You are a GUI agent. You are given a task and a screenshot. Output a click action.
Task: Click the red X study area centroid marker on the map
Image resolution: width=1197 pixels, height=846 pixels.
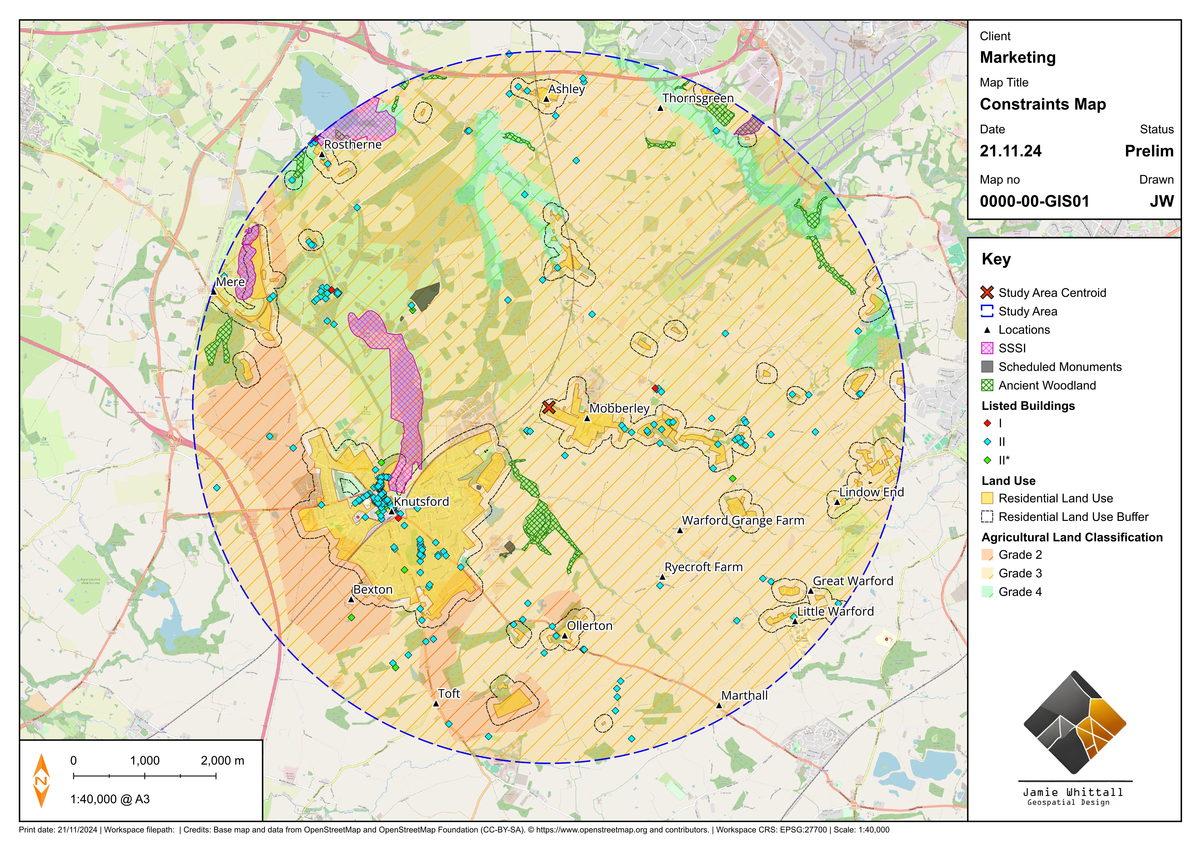coord(549,407)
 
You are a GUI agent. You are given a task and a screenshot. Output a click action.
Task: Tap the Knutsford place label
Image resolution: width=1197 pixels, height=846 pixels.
coord(421,502)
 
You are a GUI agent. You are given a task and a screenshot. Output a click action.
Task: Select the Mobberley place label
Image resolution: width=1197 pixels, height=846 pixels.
coord(619,408)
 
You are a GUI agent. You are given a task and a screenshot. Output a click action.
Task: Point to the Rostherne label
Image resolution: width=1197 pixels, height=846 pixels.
coord(353,144)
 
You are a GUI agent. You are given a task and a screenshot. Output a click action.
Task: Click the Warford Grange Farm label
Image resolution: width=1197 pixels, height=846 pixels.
coord(743,520)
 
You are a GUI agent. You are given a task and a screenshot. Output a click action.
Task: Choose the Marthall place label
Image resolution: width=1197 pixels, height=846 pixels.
coord(745,695)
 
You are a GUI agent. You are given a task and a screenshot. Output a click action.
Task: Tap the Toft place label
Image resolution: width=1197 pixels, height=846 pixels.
coord(449,693)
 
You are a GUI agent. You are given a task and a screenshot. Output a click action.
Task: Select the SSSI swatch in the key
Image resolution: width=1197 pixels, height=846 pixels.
coord(987,348)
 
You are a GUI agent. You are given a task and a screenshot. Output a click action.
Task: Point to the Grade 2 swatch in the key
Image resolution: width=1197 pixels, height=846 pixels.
coord(987,555)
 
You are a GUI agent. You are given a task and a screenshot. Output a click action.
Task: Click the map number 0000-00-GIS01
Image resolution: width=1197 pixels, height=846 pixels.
coord(1034,201)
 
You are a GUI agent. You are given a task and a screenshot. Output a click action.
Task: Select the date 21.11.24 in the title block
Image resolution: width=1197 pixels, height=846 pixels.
coord(1010,151)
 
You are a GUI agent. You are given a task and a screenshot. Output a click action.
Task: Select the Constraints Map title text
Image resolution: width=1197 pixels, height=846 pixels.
coord(1043,104)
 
